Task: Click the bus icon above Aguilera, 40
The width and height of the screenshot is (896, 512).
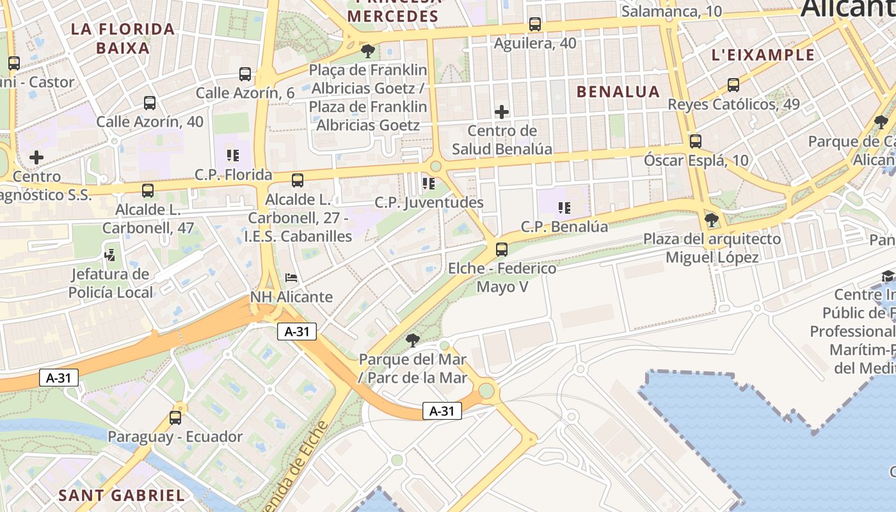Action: pyautogui.click(x=535, y=24)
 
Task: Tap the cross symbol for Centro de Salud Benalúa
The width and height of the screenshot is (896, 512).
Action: pyautogui.click(x=502, y=113)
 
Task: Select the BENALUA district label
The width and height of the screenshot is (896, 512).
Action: pyautogui.click(x=618, y=92)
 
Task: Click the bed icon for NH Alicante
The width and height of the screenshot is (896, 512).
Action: pyautogui.click(x=291, y=278)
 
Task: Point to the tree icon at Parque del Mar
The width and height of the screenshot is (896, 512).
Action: pyautogui.click(x=413, y=340)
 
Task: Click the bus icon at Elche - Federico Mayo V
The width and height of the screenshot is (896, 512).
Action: pyautogui.click(x=502, y=250)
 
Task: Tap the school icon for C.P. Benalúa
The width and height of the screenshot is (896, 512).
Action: pyautogui.click(x=564, y=207)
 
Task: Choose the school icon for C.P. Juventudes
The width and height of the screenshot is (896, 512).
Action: pyautogui.click(x=428, y=184)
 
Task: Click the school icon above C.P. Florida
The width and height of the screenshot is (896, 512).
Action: pyautogui.click(x=233, y=155)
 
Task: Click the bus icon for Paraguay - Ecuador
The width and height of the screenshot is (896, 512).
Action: pyautogui.click(x=175, y=418)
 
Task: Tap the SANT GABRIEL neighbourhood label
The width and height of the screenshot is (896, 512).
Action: pyautogui.click(x=122, y=495)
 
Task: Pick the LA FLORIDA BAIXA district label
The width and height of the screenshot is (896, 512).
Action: pyautogui.click(x=123, y=38)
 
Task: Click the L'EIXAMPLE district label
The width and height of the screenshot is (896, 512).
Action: pyautogui.click(x=764, y=55)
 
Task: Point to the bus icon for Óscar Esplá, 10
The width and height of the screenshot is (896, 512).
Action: pyautogui.click(x=696, y=141)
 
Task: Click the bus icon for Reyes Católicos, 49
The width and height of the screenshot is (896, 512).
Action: pyautogui.click(x=733, y=85)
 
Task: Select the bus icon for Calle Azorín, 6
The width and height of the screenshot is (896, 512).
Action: pyautogui.click(x=245, y=74)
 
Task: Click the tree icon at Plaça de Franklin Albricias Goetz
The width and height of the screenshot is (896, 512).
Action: pyautogui.click(x=367, y=50)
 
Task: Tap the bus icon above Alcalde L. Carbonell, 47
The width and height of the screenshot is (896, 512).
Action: pyautogui.click(x=148, y=190)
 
